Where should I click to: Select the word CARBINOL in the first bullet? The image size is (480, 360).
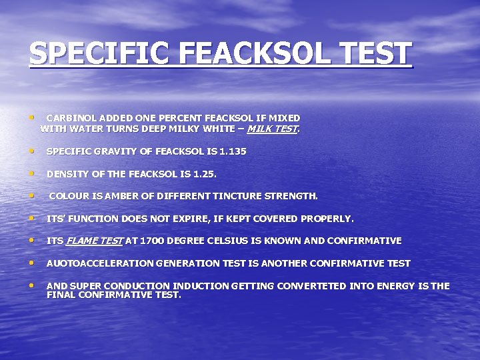pyautogui.click(x=72, y=118)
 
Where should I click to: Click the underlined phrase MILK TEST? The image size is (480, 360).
pyautogui.click(x=272, y=129)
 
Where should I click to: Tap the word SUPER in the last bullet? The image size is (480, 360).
pyautogui.click(x=85, y=286)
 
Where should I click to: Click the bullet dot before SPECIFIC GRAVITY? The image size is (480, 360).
pyautogui.click(x=32, y=151)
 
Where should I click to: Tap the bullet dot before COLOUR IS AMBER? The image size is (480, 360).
pyautogui.click(x=32, y=195)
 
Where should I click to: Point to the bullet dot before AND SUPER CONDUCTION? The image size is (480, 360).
pyautogui.click(x=32, y=285)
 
